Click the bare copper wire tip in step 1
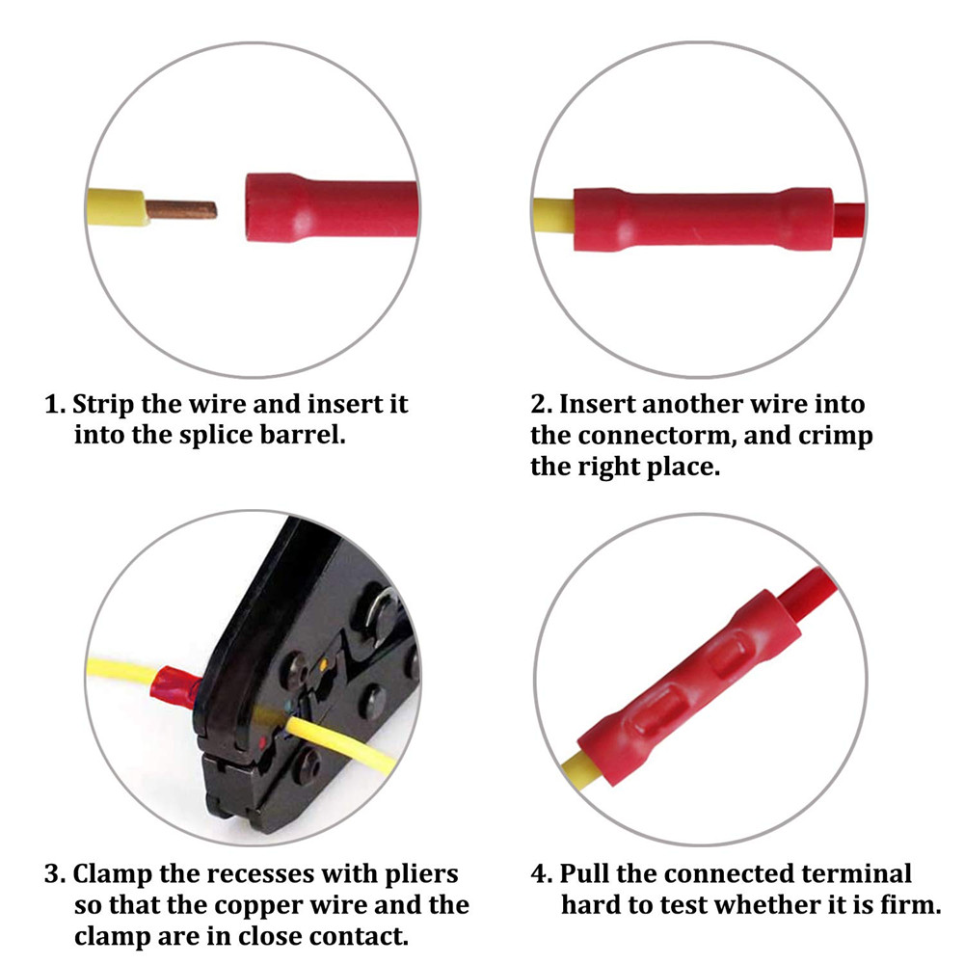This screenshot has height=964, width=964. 181,210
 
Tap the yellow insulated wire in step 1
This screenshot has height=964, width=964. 117,207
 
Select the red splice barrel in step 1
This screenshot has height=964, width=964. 332,207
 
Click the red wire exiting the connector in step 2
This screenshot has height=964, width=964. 849,220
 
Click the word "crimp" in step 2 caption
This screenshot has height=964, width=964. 836,436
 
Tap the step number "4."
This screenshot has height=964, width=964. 542,874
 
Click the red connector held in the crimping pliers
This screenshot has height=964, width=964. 177,684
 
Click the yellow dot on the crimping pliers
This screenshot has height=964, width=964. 323,664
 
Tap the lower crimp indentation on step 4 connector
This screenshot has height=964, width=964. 658,715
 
